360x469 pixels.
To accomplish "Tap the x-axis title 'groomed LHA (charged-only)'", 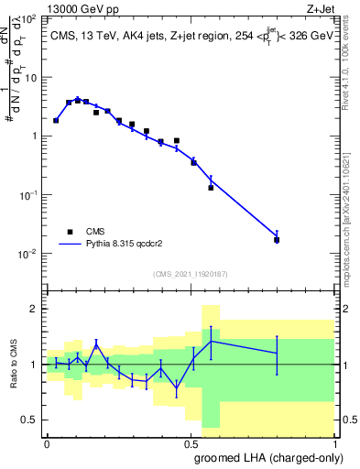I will coord(262,458).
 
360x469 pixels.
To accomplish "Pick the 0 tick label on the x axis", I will coord(47,442).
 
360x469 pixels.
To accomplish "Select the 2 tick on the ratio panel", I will coord(34,309).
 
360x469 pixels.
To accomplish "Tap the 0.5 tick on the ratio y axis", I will coord(30,420).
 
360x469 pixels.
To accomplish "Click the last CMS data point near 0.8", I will coord(277,240).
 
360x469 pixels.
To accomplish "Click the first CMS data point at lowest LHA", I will coord(56,120).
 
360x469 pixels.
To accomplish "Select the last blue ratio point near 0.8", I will coord(277,353).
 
